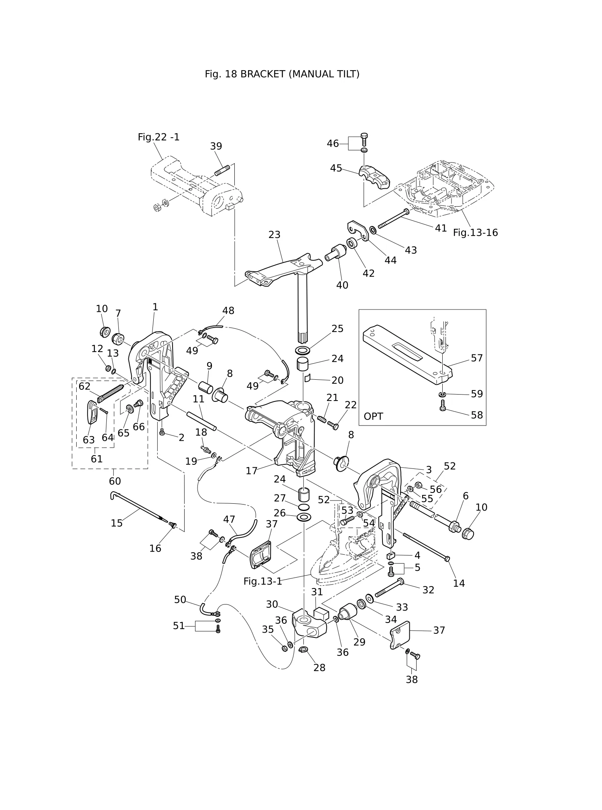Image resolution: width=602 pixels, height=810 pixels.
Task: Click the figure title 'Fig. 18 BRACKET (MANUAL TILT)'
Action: [282, 74]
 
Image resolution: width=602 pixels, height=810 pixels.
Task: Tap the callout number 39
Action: [216, 146]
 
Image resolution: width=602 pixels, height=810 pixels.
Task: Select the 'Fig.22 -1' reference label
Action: [159, 137]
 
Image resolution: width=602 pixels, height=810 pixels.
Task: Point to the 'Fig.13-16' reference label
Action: [475, 233]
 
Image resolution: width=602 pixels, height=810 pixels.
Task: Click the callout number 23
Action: [274, 234]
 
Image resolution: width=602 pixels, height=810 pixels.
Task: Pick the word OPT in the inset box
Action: [373, 417]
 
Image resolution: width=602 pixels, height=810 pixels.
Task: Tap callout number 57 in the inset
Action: [477, 358]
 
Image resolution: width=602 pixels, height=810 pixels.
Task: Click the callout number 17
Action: [252, 471]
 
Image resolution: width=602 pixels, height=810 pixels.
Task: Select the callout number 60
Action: [115, 481]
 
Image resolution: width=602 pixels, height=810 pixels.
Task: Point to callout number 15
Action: [116, 523]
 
